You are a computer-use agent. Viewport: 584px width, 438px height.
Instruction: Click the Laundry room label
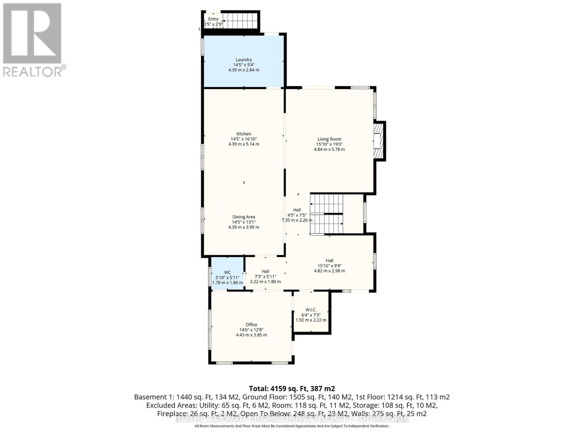click(243, 60)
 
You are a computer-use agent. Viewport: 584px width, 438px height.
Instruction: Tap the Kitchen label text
click(243, 134)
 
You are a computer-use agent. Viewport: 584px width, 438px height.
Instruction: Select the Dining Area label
click(243, 217)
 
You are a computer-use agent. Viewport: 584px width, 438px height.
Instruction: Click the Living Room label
click(329, 139)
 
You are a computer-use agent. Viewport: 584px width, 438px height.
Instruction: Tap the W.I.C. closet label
click(311, 310)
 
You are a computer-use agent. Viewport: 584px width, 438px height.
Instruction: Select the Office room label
click(251, 324)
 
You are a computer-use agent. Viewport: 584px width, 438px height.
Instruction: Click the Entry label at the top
click(213, 19)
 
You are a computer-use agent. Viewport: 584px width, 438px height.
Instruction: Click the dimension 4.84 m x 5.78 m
click(329, 149)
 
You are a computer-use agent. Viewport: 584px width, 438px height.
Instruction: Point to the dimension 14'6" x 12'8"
click(251, 330)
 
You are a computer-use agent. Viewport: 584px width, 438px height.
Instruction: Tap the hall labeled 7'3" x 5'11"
click(265, 276)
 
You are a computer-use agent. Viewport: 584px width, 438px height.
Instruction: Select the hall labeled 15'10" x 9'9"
click(329, 266)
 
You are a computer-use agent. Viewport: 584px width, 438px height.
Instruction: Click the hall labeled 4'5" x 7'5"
click(297, 215)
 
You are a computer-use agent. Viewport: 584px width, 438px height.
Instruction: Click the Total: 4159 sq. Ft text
click(292, 388)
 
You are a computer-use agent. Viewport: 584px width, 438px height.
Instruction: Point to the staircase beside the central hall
click(327, 214)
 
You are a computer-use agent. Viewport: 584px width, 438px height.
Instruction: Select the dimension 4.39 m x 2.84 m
click(243, 70)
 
